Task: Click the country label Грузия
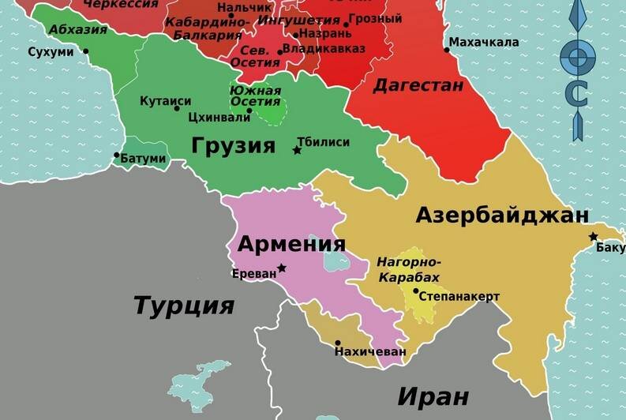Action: click(x=233, y=146)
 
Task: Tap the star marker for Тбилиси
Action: click(x=297, y=150)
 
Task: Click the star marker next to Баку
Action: click(x=593, y=237)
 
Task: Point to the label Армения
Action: click(x=291, y=243)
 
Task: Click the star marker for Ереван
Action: click(x=282, y=268)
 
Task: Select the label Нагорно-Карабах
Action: click(x=409, y=269)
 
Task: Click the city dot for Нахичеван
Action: click(x=338, y=343)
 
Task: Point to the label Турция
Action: click(x=184, y=305)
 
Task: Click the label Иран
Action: click(x=433, y=396)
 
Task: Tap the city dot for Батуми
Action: click(x=117, y=155)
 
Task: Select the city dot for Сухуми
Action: click(x=85, y=52)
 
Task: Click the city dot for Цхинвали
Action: click(x=249, y=111)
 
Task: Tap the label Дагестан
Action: click(x=418, y=85)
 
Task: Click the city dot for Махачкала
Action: click(x=447, y=50)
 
